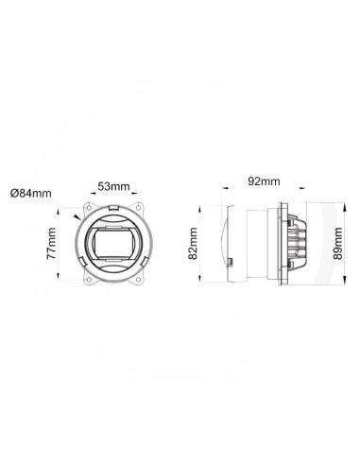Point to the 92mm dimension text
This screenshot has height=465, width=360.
(262, 181)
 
